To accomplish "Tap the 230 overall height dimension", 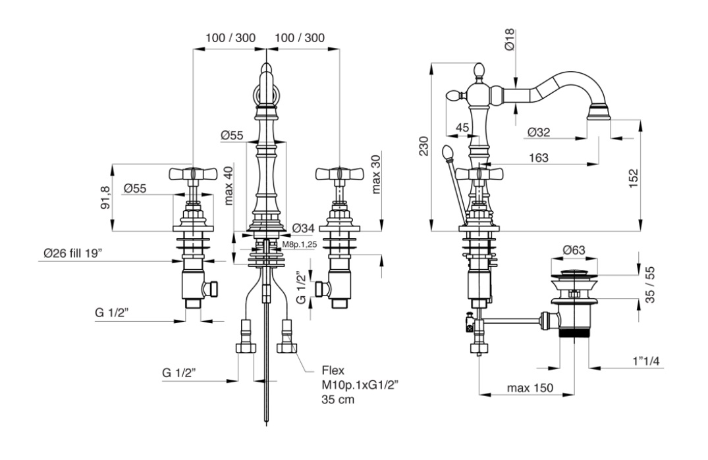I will click(423, 146).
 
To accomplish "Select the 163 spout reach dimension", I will click(539, 158).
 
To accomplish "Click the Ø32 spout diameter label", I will click(539, 132).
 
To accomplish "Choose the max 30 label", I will click(376, 175).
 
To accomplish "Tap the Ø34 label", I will click(304, 228).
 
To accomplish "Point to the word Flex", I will click(333, 371).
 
